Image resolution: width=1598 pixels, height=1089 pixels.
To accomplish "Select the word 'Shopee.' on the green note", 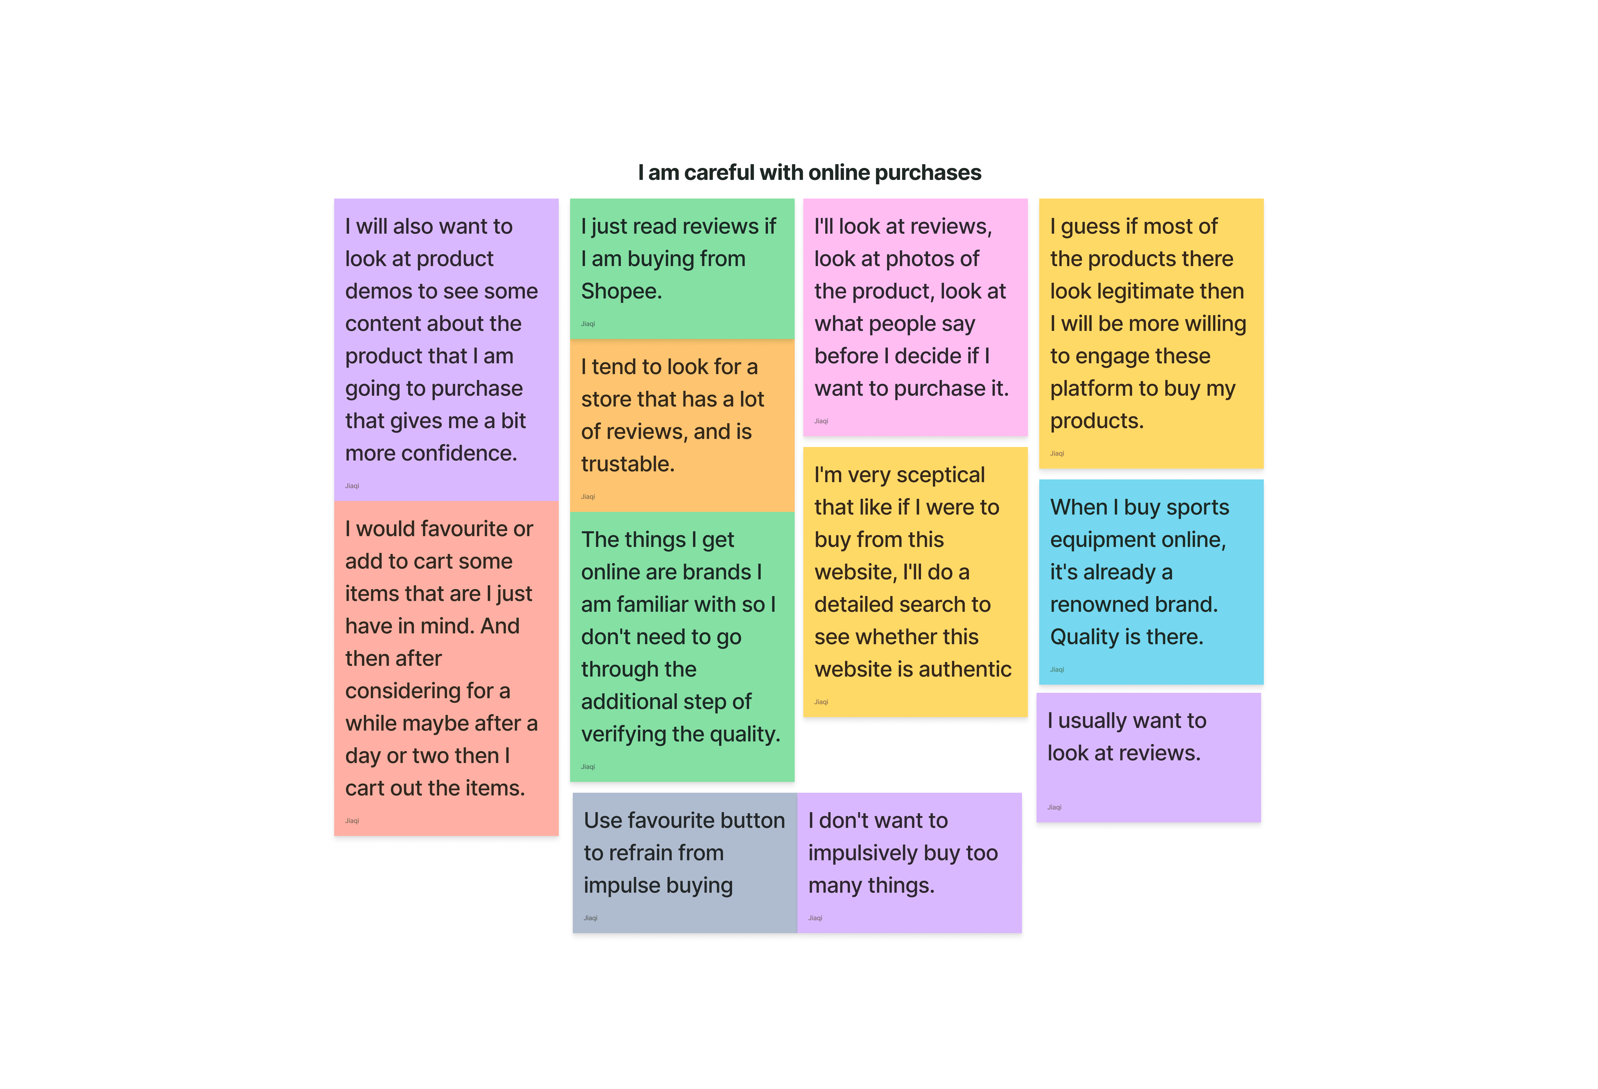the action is [621, 291].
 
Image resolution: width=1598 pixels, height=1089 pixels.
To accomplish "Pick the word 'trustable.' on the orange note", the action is [627, 464].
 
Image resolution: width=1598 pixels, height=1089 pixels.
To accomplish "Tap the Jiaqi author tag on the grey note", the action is [590, 918].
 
